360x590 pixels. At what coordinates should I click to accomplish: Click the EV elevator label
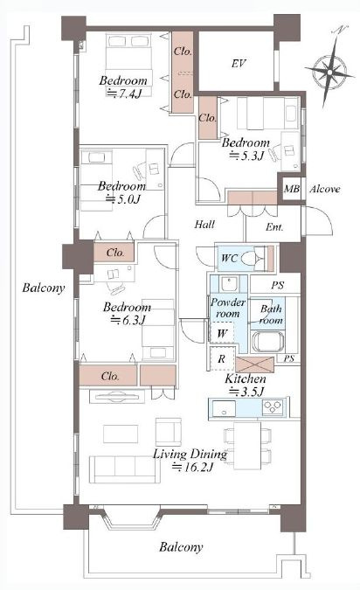(239, 63)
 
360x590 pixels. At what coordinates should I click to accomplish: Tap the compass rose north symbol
(329, 70)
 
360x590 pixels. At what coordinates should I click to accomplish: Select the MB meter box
(292, 189)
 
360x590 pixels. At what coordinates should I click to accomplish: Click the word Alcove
(325, 189)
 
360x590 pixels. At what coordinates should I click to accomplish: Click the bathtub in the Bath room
(266, 342)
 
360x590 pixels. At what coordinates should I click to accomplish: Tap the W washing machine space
(222, 333)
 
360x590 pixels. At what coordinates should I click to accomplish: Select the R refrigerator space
(222, 358)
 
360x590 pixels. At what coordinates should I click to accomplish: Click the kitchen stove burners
(273, 407)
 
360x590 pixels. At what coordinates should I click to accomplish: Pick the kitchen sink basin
(224, 408)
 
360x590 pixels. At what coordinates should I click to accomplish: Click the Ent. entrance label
(274, 227)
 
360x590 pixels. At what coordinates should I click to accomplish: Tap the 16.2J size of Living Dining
(193, 468)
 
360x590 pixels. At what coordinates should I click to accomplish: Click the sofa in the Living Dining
(124, 469)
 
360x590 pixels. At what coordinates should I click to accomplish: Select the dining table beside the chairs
(247, 446)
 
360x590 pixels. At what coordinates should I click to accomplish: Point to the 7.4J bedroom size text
(124, 93)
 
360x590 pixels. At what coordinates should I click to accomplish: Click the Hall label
(204, 225)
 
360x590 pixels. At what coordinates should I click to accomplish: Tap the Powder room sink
(229, 284)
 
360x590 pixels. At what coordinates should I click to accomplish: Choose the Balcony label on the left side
(44, 288)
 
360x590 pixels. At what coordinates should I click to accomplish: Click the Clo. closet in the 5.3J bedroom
(208, 118)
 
